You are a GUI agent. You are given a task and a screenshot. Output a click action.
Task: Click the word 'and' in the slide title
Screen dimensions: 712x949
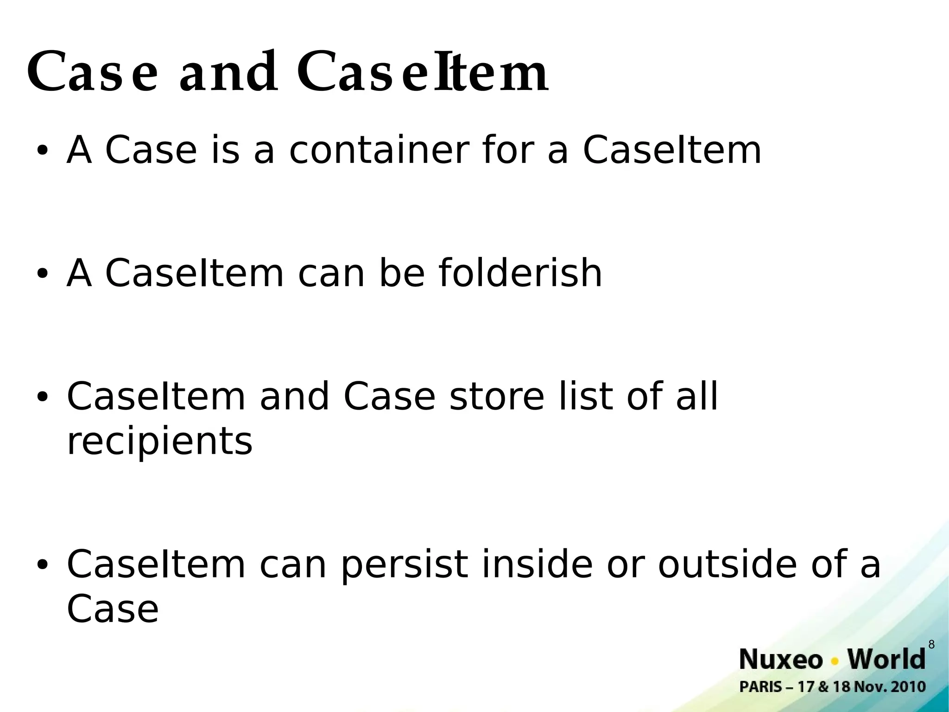229,72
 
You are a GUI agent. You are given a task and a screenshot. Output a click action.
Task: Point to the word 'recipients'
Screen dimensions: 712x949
159,441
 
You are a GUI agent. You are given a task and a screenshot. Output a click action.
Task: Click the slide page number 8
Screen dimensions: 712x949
931,645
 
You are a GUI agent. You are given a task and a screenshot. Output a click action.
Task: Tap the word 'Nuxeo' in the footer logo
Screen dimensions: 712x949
781,660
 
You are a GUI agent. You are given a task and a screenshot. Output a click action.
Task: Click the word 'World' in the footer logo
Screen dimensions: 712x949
886,660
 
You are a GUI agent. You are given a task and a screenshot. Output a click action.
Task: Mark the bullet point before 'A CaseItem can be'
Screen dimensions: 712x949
42,274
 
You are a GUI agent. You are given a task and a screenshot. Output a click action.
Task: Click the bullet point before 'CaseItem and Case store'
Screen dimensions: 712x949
42,397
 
